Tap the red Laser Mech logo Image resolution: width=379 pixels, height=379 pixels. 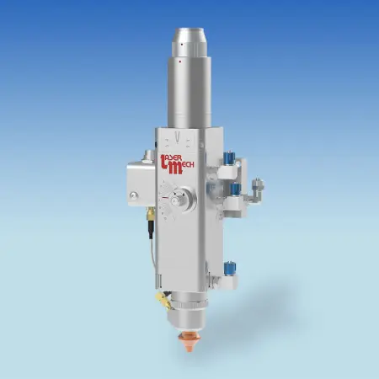177,164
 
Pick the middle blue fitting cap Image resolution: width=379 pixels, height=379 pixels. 236,189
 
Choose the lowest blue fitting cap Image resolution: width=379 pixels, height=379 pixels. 230,268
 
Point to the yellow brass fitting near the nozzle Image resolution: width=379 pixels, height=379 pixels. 163,301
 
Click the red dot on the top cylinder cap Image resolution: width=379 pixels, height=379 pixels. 182,45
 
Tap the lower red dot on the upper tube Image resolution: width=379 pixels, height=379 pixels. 180,61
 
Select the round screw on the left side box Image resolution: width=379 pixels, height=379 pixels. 133,195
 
